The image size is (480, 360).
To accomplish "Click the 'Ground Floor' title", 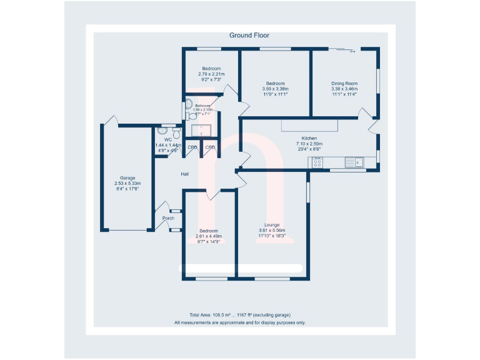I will click(x=249, y=36).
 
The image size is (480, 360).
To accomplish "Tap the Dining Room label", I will click(x=344, y=83).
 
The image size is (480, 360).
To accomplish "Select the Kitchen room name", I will click(x=309, y=138).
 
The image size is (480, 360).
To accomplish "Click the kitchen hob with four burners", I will click(x=317, y=163).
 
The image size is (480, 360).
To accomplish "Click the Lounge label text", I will click(x=272, y=224).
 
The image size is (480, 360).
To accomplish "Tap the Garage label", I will click(x=127, y=178).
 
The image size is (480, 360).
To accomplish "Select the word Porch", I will click(x=168, y=218).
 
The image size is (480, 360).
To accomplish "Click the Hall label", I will click(x=185, y=174).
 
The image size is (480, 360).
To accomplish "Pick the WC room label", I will click(x=167, y=139).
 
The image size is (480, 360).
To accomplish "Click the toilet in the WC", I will click(x=177, y=133).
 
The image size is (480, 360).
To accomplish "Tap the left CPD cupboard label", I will click(x=192, y=148).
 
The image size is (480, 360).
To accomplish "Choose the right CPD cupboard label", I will click(x=210, y=148).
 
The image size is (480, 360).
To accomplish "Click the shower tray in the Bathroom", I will click(x=201, y=130).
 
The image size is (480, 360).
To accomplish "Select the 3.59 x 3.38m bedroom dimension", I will click(x=275, y=89).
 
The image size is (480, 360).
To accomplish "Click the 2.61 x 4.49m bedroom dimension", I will click(x=209, y=236).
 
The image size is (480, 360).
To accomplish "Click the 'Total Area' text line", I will click(x=240, y=314).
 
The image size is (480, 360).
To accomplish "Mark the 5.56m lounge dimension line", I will click(x=272, y=230).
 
